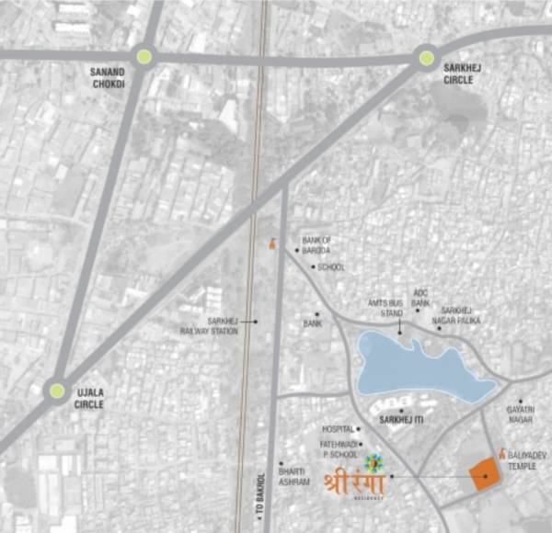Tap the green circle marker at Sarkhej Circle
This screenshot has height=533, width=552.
pyautogui.click(x=427, y=59)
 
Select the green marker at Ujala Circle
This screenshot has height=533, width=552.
pyautogui.click(x=58, y=391)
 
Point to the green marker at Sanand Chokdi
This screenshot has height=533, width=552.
pyautogui.click(x=144, y=57)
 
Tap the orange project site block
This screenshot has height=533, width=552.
pyautogui.click(x=485, y=475)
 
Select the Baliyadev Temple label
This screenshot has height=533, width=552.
pyautogui.click(x=526, y=459)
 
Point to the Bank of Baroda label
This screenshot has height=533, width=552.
pyautogui.click(x=316, y=244)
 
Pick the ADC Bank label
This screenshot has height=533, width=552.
pyautogui.click(x=421, y=298)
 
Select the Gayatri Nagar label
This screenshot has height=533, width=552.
pyautogui.click(x=521, y=414)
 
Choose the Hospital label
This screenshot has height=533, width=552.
pyautogui.click(x=338, y=429)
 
